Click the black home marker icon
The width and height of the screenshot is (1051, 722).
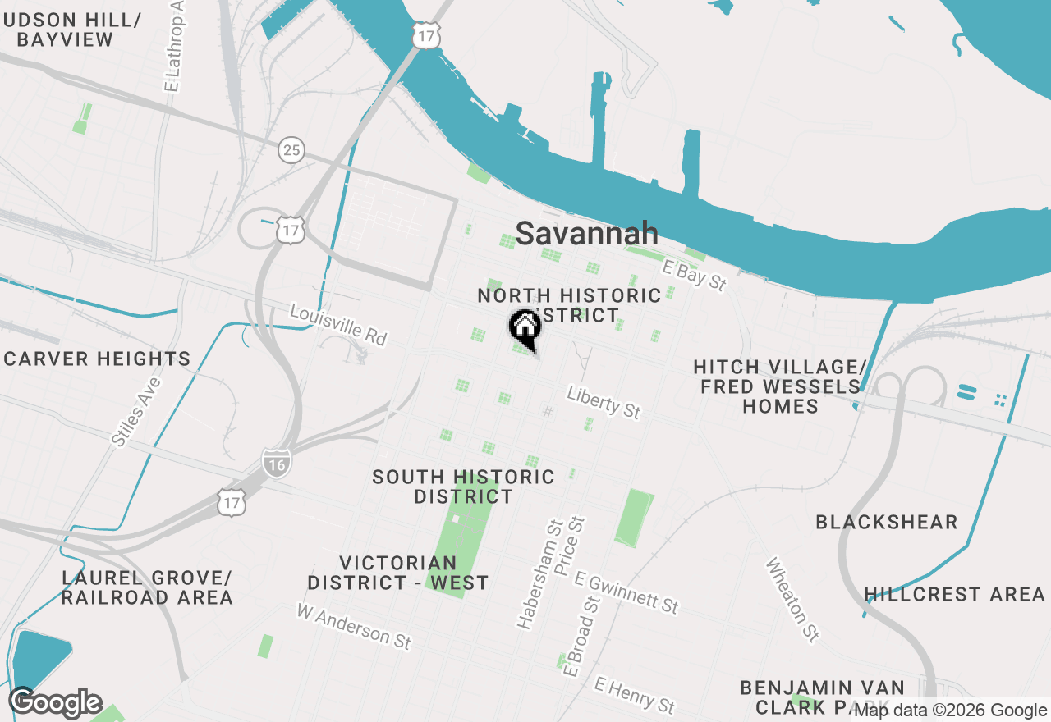[x=525, y=328]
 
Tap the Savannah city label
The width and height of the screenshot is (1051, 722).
[x=586, y=234]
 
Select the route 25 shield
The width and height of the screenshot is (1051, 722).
[x=291, y=150]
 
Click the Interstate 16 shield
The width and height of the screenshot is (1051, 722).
[x=277, y=464]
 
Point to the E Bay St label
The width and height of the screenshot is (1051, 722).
[x=695, y=276]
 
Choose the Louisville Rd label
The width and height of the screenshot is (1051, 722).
[x=337, y=325]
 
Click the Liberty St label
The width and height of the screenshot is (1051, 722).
[x=604, y=403]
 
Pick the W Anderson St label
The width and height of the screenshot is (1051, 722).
[x=354, y=626]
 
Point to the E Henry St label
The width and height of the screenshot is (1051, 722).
[x=635, y=694]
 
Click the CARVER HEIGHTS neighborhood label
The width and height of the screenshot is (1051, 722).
[x=97, y=359]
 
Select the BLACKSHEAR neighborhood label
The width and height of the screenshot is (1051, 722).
[x=887, y=522]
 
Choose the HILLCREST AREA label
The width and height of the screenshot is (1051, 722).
[x=954, y=594]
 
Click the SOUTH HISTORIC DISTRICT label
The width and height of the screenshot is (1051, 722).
[x=463, y=487]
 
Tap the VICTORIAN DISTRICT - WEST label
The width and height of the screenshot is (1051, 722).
[x=398, y=573]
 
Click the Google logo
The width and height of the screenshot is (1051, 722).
[x=56, y=703]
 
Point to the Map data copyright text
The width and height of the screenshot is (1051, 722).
[x=951, y=711]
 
